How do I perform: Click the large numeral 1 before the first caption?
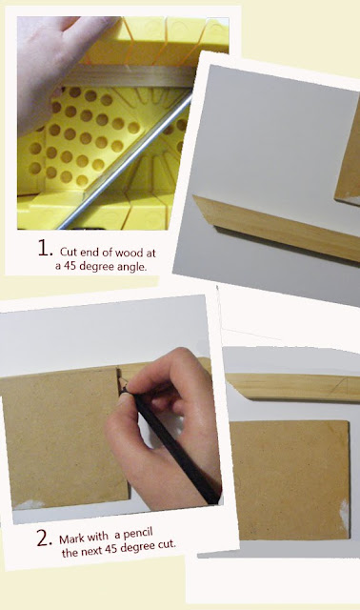tap(45, 248)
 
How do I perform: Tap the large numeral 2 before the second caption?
tap(44, 539)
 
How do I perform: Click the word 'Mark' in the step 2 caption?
tap(70, 539)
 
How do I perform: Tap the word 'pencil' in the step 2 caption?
tap(138, 534)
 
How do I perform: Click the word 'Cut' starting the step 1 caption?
tap(68, 252)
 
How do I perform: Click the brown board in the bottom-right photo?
tap(290, 479)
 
